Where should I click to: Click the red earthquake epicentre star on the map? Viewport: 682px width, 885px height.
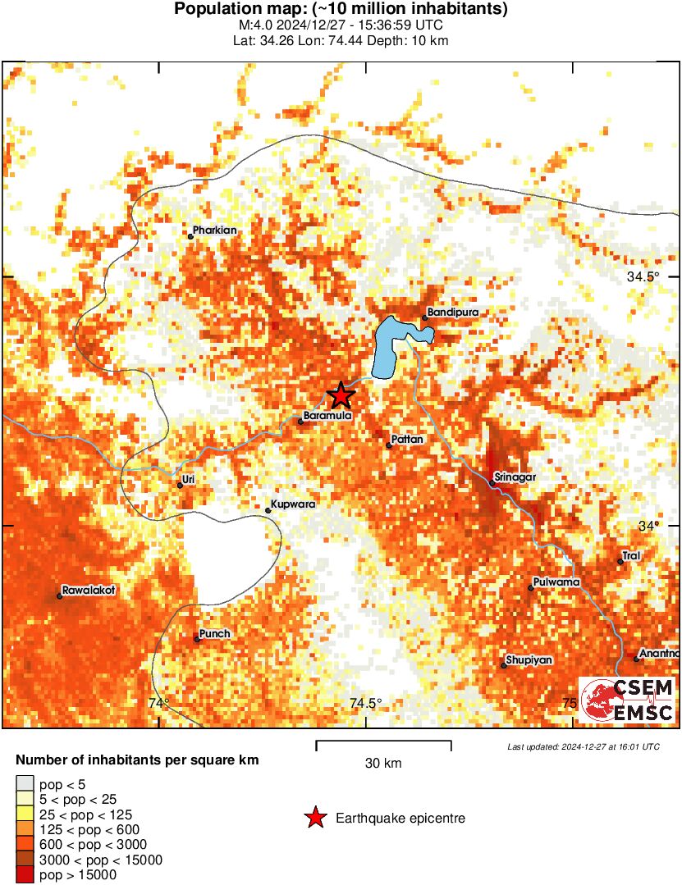341,395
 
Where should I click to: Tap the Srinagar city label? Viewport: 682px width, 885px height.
515,477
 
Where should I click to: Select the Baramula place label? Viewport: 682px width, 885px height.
327,416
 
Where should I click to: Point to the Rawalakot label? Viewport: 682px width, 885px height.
88,590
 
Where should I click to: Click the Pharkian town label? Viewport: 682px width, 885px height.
214,230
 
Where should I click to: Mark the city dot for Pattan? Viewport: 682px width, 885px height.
389,445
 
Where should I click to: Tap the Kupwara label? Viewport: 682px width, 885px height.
293,504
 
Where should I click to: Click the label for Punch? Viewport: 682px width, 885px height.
215,634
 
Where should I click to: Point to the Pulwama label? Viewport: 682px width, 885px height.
556,582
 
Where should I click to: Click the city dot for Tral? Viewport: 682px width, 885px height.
620,562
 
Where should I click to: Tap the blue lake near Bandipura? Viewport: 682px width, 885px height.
388,349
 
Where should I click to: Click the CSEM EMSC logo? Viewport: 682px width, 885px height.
628,700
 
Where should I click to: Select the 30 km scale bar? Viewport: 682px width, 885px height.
383,745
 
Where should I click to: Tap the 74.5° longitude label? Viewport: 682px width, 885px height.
365,703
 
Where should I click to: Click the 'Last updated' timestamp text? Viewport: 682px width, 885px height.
583,747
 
